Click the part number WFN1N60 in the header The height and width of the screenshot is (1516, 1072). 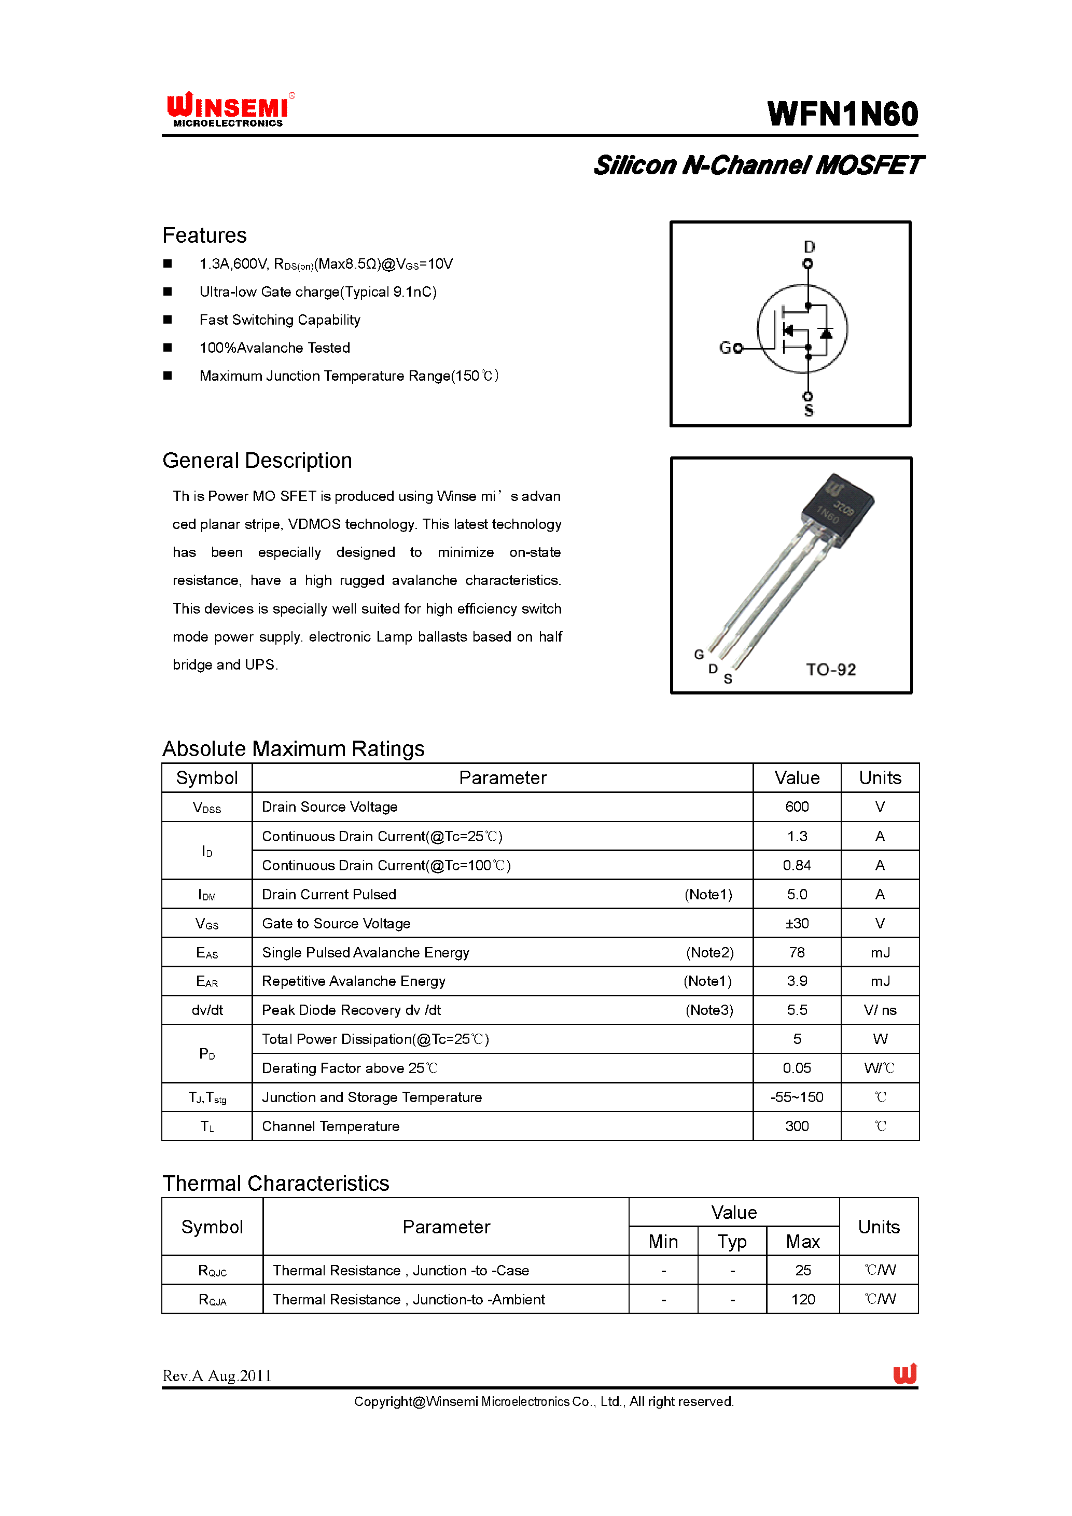click(842, 114)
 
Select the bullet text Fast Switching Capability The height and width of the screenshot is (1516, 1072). click(280, 319)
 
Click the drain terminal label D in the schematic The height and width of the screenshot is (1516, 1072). click(809, 246)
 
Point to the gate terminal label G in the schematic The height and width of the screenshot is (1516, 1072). click(726, 347)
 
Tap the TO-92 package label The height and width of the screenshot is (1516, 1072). click(830, 670)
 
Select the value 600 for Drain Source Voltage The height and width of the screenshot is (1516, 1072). click(797, 807)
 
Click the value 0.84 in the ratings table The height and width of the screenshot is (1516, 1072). click(797, 865)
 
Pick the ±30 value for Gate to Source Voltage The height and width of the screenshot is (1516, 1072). click(797, 923)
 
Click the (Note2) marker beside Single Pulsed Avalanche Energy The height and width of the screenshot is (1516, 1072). click(709, 952)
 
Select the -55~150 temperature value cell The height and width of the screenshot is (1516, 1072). click(797, 1097)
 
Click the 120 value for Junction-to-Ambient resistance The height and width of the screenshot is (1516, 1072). click(803, 1299)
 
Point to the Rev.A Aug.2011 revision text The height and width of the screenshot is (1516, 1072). click(217, 1375)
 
